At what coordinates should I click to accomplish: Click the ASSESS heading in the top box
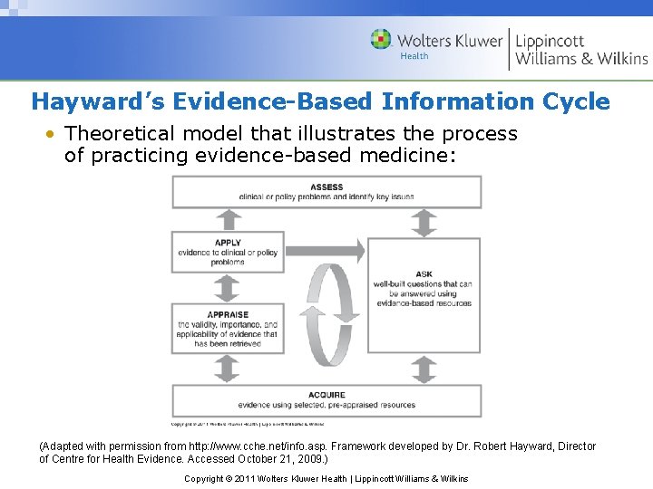point(326,187)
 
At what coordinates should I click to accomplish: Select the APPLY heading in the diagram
point(228,243)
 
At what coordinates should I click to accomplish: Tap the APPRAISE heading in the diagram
point(228,314)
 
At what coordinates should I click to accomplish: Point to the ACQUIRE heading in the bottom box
point(326,395)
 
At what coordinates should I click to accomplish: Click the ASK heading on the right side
point(424,274)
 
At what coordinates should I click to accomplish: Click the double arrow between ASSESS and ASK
point(424,222)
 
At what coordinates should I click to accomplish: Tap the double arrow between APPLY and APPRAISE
point(227,288)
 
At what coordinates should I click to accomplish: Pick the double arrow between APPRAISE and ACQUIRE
point(227,369)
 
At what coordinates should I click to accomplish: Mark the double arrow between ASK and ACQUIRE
point(424,369)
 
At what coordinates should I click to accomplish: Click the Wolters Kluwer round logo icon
point(382,40)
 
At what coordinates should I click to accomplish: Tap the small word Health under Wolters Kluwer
point(414,56)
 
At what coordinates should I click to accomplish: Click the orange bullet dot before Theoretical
point(52,134)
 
